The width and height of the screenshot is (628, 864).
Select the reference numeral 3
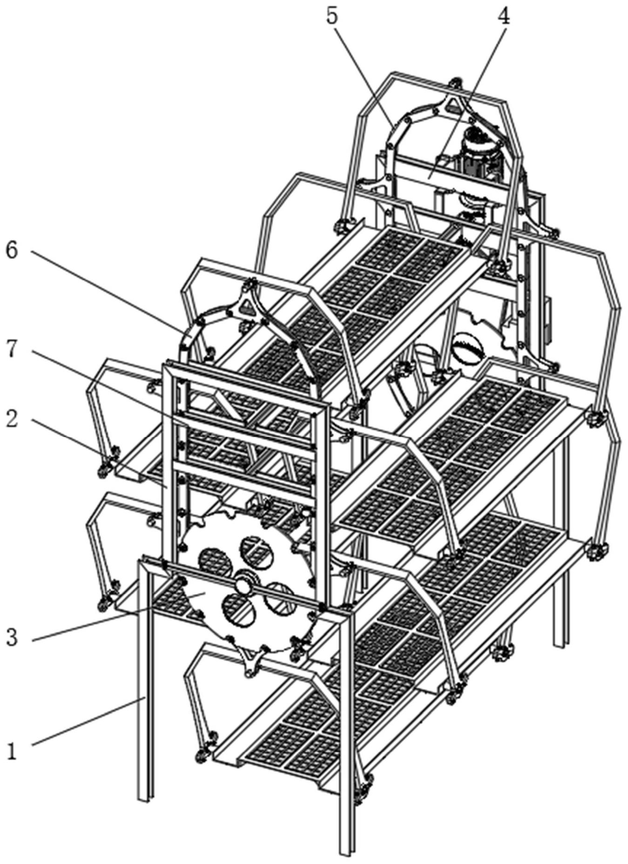[x=12, y=637]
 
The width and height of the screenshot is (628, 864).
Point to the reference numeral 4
[x=503, y=17]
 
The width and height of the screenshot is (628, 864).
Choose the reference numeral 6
[x=12, y=251]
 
